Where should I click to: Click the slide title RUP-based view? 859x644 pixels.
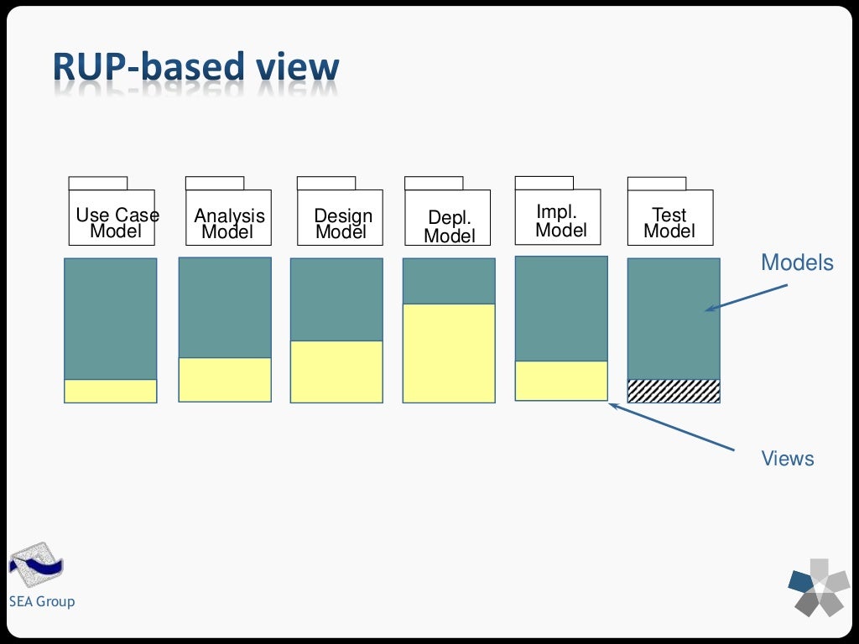[195, 67]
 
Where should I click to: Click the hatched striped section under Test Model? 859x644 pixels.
[674, 391]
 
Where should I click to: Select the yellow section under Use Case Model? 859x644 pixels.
[111, 391]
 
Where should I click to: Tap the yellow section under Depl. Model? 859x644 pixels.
[449, 353]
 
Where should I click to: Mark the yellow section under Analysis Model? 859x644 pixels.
[225, 380]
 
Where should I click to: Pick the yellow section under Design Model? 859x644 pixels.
[336, 371]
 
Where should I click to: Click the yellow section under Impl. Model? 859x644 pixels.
[561, 381]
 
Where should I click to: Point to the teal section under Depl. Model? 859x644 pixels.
[449, 281]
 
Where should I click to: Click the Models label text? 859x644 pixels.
[797, 262]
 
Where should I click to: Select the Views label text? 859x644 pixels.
[788, 459]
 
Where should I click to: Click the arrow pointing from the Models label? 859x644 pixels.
[746, 298]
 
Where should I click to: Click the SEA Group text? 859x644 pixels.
[42, 601]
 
